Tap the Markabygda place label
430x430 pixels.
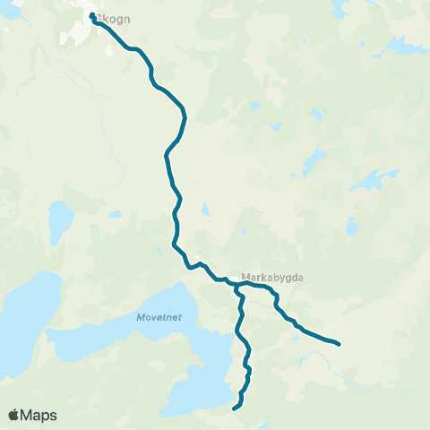pos(272,277)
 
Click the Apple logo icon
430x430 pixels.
pos(14,415)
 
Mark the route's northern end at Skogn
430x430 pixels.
pos(93,15)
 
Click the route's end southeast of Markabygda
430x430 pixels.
pos(338,343)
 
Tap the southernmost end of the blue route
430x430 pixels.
pos(235,408)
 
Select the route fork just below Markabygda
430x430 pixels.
pos(240,288)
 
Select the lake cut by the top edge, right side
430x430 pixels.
pos(339,7)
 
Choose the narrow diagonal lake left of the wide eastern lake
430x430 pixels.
pos(314,163)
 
